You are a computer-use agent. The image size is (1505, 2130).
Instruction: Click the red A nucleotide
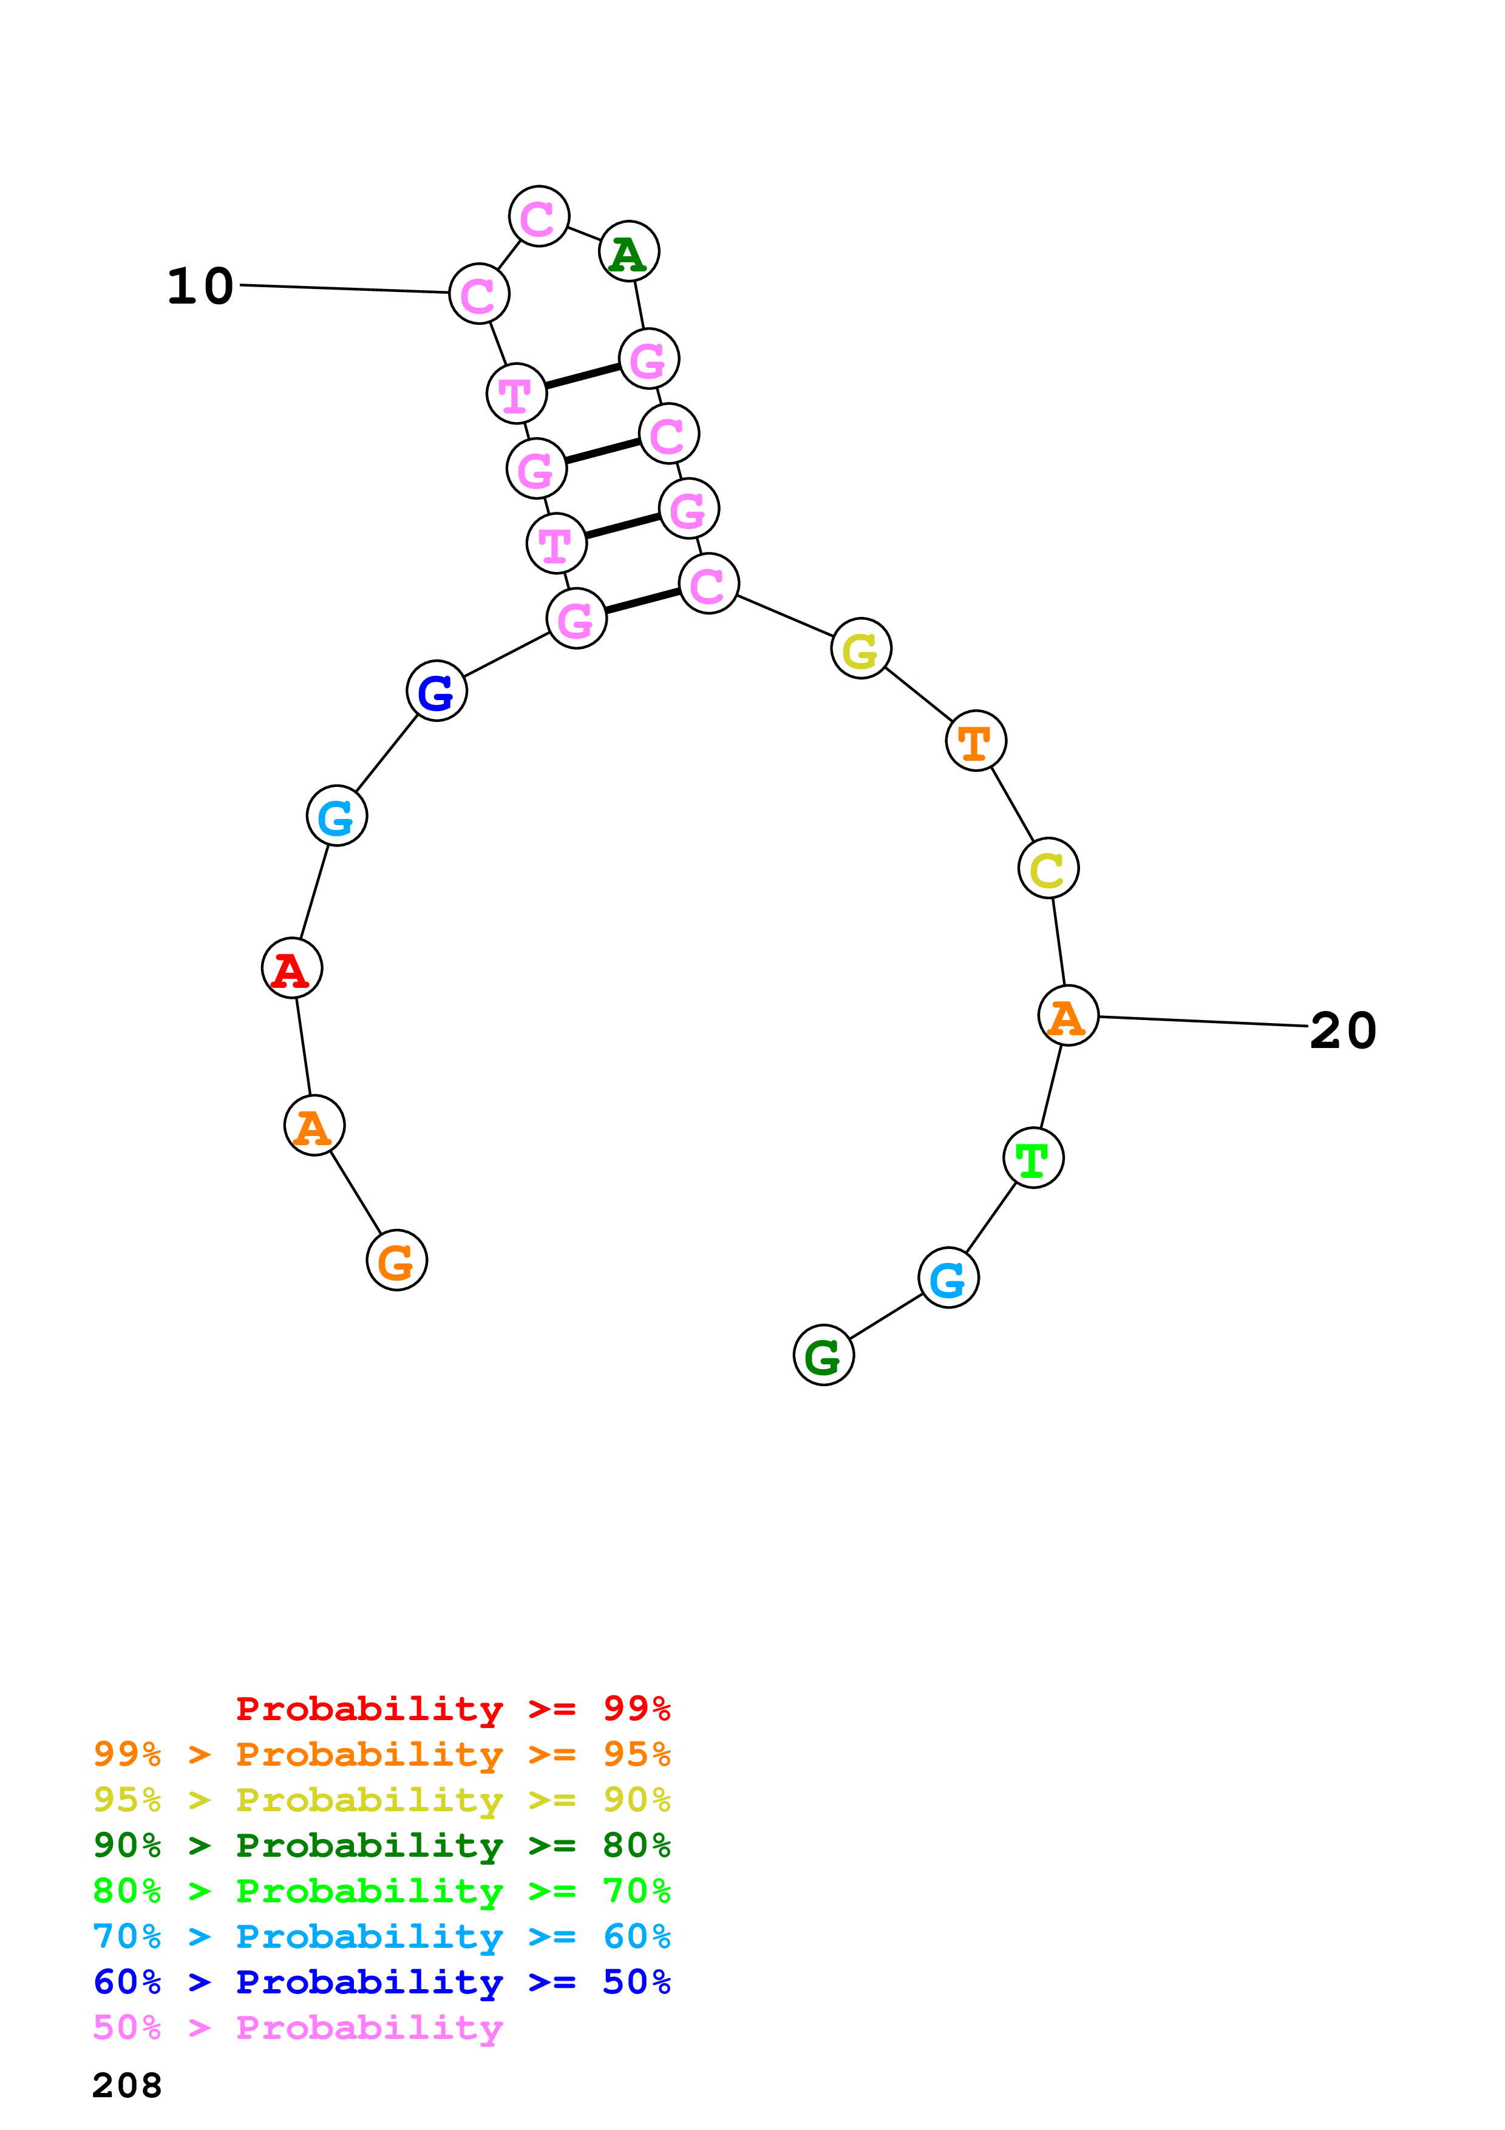click(292, 968)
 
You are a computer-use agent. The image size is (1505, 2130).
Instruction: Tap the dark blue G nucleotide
click(436, 690)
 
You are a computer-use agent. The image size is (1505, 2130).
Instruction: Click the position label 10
click(200, 286)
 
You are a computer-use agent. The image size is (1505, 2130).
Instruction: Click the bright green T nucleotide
click(1033, 1158)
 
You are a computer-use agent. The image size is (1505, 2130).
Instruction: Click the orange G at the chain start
click(397, 1260)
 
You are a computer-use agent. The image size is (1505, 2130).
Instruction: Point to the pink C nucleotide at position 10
click(478, 294)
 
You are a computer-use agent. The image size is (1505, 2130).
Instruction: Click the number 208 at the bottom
click(127, 2086)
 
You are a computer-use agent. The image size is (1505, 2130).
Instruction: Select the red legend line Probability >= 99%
click(452, 1708)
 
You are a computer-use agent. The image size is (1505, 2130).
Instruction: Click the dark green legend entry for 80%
click(381, 1845)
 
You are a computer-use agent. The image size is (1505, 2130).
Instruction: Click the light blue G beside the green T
click(948, 1278)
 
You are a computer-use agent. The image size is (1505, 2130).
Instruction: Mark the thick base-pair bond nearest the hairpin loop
click(582, 376)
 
